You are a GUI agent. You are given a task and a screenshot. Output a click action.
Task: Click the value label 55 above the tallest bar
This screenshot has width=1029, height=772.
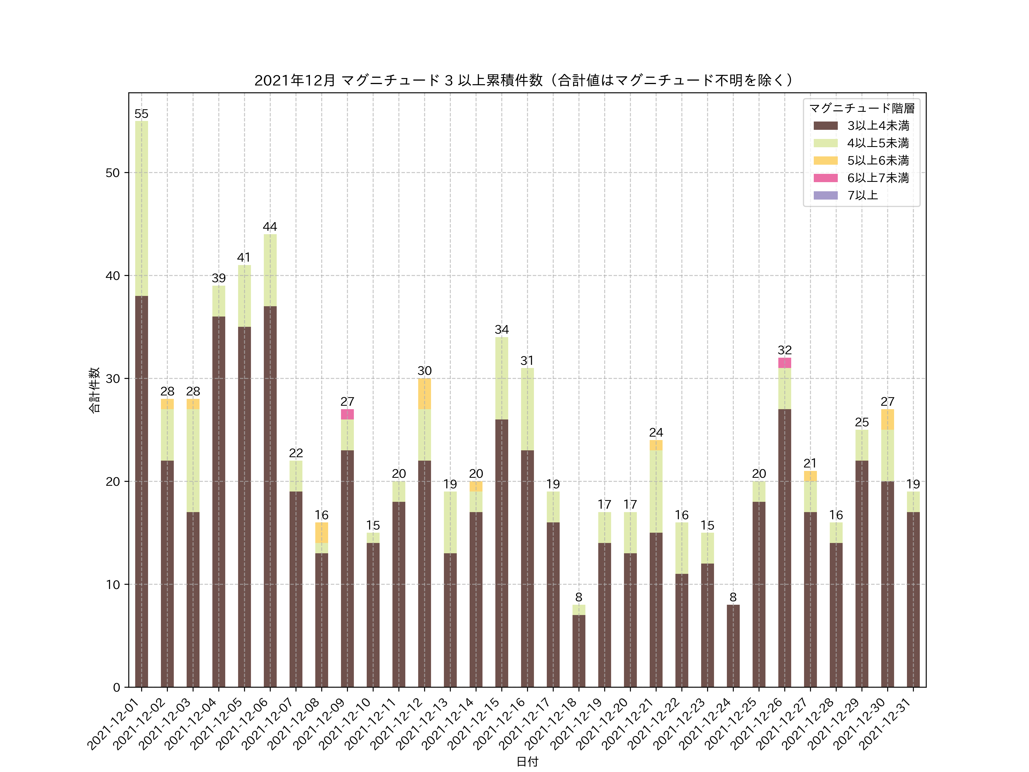point(141,114)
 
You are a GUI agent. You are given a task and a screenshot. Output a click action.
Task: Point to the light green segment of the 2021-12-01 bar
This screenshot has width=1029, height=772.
point(141,208)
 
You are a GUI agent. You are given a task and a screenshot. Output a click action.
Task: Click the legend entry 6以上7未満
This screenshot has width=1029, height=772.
point(878,178)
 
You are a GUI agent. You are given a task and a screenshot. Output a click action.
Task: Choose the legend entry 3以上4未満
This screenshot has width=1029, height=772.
point(878,126)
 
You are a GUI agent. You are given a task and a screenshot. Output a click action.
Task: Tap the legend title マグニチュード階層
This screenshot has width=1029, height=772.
point(862,108)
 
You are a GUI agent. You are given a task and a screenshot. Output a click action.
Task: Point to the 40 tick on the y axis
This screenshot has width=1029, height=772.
point(113,275)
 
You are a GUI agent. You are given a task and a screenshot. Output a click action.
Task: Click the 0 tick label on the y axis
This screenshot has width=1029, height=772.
point(116,687)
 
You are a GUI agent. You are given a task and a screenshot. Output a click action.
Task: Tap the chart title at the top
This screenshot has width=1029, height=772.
point(527,81)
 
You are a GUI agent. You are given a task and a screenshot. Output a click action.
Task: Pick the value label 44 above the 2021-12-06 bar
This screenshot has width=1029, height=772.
point(270,227)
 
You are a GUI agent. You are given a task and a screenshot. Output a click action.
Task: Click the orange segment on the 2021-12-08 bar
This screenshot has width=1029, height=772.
point(322,532)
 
